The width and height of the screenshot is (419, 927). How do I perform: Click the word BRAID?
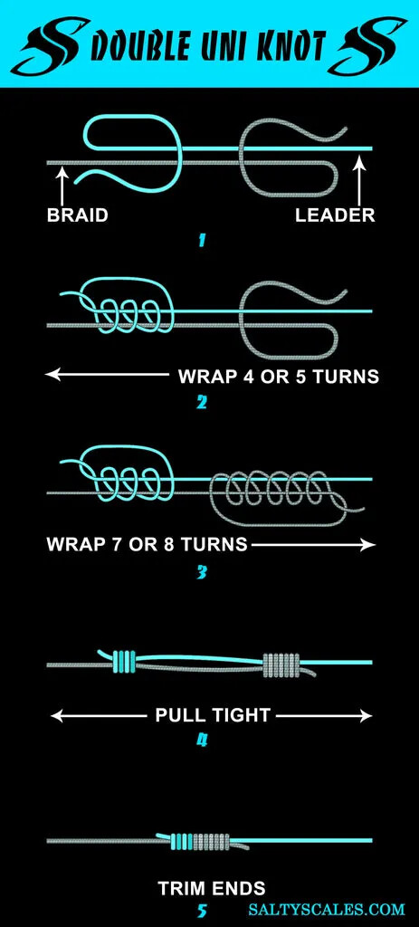click(78, 215)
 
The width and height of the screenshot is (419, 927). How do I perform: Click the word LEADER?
click(335, 215)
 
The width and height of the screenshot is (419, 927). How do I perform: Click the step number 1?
click(202, 241)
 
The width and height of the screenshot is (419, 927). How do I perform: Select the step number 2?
click(202, 403)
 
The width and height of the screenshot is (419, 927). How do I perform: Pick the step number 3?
click(202, 572)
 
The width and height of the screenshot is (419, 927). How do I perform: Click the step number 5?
click(202, 911)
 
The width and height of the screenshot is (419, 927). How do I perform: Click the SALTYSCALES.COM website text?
click(327, 909)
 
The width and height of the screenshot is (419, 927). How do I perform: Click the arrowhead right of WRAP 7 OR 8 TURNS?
click(368, 544)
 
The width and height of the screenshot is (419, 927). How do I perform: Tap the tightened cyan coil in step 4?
click(124, 662)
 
